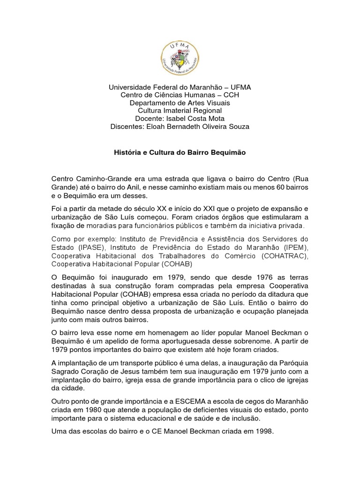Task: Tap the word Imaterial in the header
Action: point(176,111)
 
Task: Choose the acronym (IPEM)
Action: point(294,247)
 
